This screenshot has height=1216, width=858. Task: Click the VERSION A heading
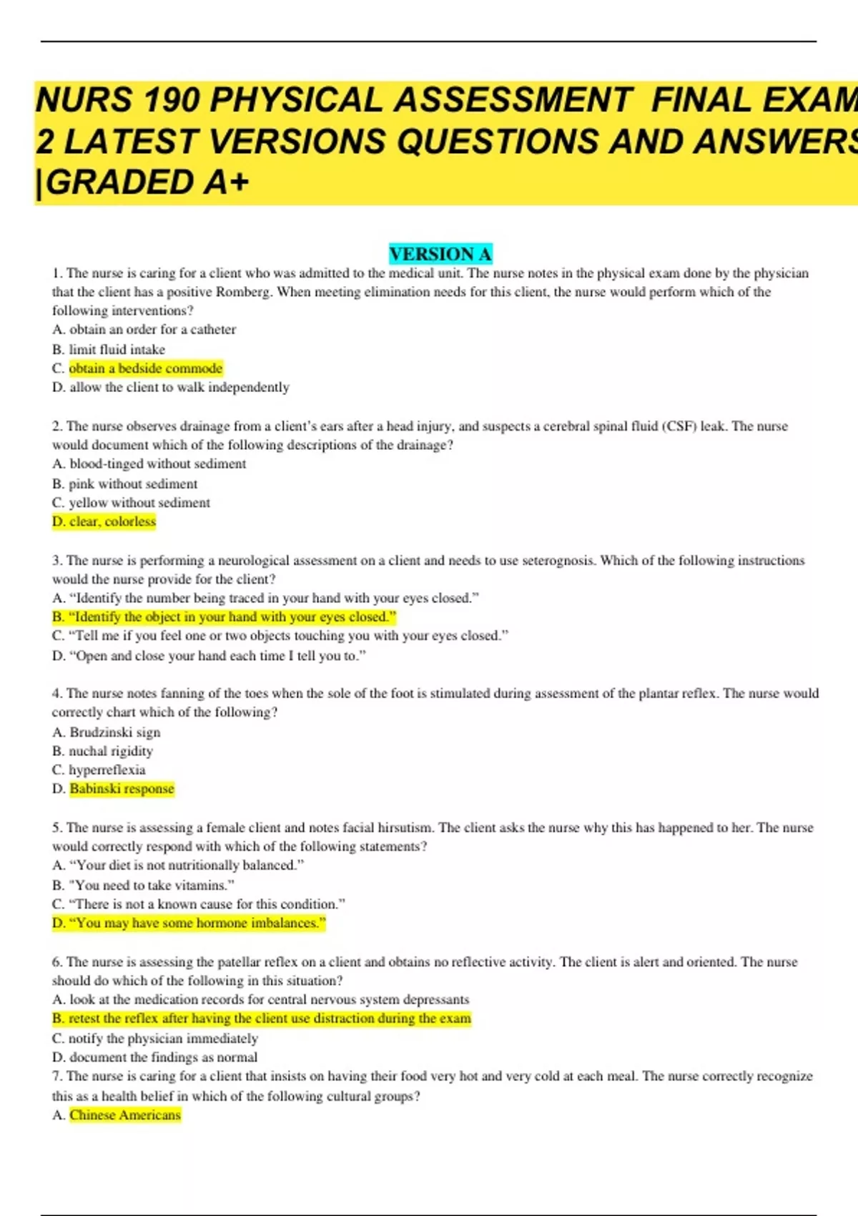click(x=440, y=254)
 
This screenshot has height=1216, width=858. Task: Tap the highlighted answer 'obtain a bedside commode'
click(x=146, y=368)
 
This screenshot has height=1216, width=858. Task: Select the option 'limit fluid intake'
click(x=117, y=350)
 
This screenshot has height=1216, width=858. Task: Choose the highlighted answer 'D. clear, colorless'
click(x=104, y=521)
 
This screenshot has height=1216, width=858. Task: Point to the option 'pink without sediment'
click(x=133, y=484)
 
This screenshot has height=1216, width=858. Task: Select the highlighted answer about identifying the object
click(x=224, y=617)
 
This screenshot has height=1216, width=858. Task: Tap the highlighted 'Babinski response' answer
click(x=122, y=789)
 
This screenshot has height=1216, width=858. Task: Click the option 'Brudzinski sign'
click(x=114, y=732)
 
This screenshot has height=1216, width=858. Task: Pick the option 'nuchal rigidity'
click(x=111, y=751)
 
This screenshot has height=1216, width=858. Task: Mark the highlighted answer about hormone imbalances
click(x=189, y=923)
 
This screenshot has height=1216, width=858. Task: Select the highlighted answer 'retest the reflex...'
click(x=262, y=1019)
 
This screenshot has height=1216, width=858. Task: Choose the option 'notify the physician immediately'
click(x=163, y=1039)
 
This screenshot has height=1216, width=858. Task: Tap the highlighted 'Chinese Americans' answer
click(x=125, y=1115)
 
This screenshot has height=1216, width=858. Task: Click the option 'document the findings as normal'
click(x=163, y=1057)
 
